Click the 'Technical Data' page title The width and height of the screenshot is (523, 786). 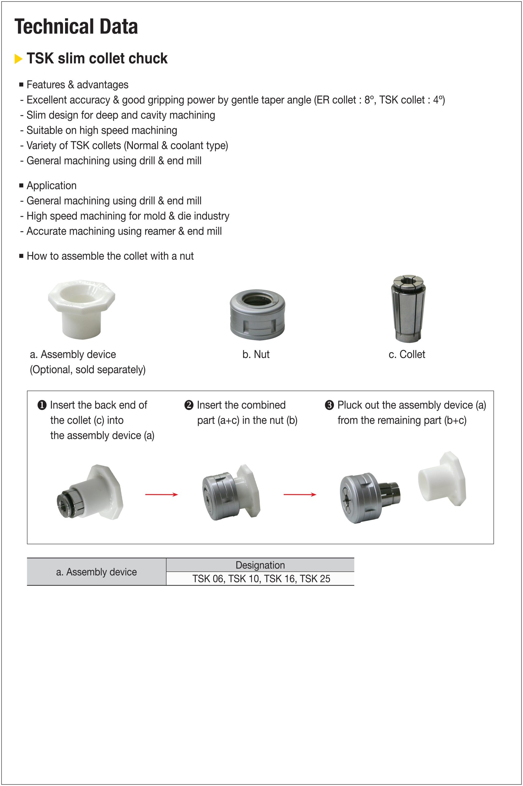76,27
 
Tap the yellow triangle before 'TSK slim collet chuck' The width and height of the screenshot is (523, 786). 18,59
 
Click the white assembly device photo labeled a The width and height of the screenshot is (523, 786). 81,309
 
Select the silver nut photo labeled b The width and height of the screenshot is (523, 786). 257,314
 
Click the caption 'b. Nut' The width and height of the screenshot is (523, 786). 256,354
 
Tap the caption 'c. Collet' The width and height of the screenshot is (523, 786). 407,354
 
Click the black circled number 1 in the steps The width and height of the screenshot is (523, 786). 42,405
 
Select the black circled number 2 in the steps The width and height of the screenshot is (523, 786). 189,405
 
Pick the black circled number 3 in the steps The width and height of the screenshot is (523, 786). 329,405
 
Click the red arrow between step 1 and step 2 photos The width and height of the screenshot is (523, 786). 161,494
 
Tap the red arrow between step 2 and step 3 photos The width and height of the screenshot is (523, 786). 300,494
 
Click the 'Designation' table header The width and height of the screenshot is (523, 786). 260,565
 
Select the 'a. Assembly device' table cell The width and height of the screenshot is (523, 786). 96,572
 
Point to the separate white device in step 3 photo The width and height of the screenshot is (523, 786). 442,479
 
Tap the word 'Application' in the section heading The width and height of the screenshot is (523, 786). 52,185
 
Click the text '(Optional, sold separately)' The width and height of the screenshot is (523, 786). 88,370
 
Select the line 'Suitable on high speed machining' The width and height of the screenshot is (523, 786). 102,130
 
